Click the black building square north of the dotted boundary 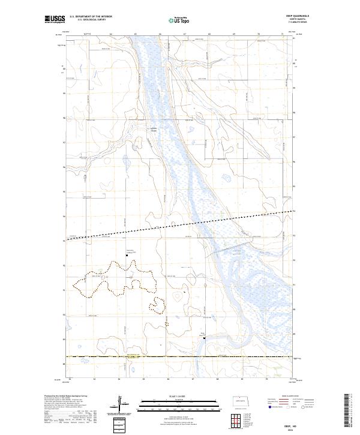[x=127, y=256]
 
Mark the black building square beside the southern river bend [x=205, y=338]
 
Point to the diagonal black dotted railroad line [x=180, y=225]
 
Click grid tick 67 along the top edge [x=184, y=35]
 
